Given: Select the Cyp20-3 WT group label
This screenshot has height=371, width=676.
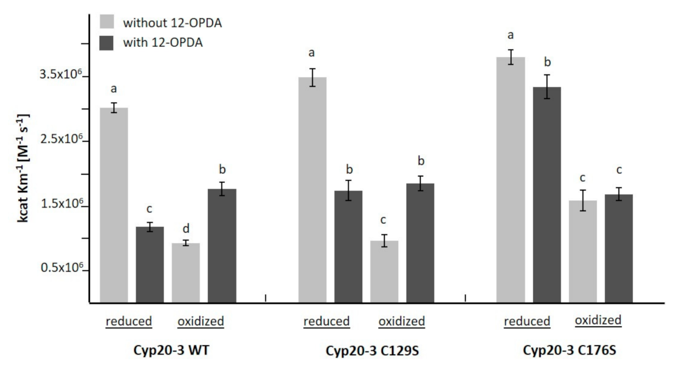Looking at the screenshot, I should [x=162, y=350].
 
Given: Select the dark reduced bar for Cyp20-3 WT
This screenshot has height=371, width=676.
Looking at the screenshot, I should [x=150, y=264].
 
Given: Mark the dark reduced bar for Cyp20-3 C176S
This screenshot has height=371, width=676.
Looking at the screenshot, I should [x=547, y=195].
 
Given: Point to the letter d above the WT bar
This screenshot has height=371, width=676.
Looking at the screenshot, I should [x=185, y=229].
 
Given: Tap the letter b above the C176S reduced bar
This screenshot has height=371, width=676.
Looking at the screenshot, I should [x=547, y=62].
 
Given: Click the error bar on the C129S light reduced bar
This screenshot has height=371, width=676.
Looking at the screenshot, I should [x=312, y=77].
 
